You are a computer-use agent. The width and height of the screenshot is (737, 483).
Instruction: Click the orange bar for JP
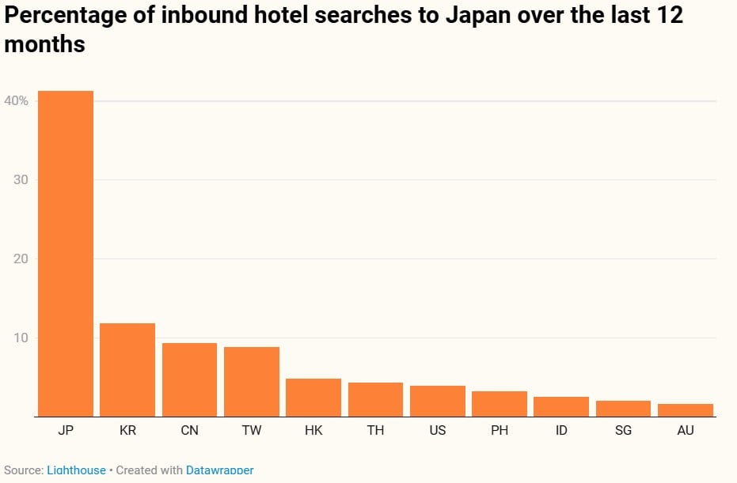click(x=65, y=254)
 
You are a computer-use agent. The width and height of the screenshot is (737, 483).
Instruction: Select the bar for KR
click(x=127, y=370)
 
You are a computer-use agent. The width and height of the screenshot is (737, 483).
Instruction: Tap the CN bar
click(x=189, y=379)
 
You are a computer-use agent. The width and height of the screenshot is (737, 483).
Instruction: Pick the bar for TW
click(x=251, y=382)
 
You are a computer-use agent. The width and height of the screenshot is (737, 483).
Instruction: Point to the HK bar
click(x=313, y=398)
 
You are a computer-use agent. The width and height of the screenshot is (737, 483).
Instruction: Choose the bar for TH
click(x=375, y=399)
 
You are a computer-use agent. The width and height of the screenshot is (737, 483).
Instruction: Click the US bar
click(x=438, y=401)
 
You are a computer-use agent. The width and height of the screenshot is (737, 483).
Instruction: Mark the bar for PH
click(x=500, y=404)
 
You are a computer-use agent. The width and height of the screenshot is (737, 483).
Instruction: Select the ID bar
click(x=561, y=406)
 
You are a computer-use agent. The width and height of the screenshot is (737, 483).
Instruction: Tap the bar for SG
click(x=623, y=409)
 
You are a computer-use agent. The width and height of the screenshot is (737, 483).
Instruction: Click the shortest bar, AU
click(x=686, y=410)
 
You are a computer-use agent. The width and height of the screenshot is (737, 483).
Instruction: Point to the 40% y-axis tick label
click(x=17, y=101)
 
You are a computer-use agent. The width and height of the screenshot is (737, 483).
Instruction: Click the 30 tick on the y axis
click(x=20, y=180)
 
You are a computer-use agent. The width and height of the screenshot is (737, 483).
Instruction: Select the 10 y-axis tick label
click(x=20, y=338)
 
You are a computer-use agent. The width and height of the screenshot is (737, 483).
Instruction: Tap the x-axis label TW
click(x=251, y=431)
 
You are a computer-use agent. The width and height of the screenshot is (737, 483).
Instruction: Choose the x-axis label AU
click(x=686, y=431)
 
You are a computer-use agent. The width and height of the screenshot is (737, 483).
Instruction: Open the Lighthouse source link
click(x=76, y=470)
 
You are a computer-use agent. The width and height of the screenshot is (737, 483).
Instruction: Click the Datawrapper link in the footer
click(x=219, y=470)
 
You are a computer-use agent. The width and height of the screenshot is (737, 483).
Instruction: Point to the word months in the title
click(x=44, y=44)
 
